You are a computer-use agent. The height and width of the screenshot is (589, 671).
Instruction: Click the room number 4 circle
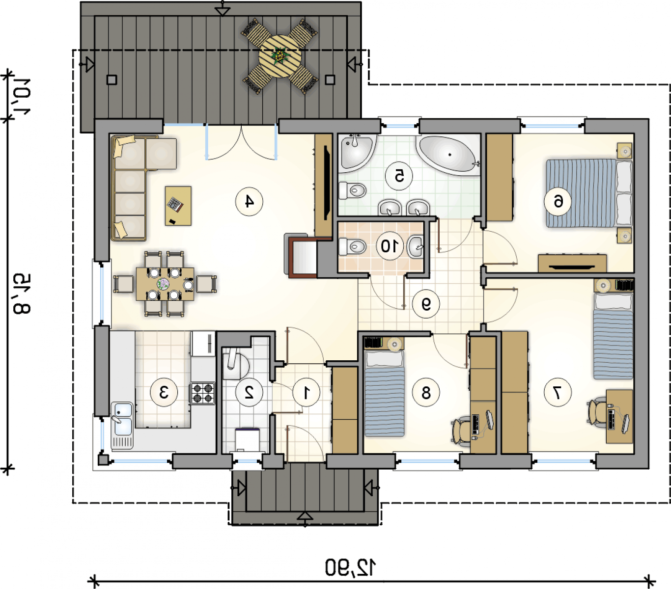coord(249,202)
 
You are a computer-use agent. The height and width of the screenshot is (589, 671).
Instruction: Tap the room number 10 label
coord(390,246)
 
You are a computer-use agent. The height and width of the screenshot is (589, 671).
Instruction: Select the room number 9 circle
coord(426,304)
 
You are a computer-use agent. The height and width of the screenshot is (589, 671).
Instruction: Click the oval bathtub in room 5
coord(448,155)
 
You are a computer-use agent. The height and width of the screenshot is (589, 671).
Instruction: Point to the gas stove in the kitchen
coord(202,393)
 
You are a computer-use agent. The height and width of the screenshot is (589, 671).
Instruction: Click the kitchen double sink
coord(122,425)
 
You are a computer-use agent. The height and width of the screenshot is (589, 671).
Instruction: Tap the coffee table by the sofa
coord(178,206)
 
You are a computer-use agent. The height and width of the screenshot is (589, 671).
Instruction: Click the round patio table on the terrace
coord(280,56)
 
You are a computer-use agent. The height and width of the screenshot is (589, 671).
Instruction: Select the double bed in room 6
coord(589,193)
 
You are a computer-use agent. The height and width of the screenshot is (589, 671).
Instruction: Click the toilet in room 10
coord(352,246)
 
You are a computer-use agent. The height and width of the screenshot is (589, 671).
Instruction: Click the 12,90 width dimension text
coord(350,567)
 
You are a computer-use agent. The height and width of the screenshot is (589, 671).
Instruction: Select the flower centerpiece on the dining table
coord(163,284)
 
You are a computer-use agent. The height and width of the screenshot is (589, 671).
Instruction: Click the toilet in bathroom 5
coord(352,190)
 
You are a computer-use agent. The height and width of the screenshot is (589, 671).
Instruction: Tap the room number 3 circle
coord(164,393)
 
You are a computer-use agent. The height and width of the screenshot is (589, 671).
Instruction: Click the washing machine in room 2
coord(248,440)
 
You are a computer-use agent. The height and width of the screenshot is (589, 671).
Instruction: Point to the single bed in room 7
coord(613,336)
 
